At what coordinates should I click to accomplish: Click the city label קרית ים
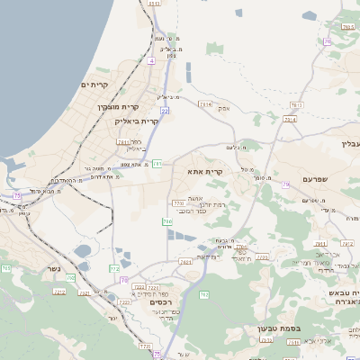click(x=94, y=85)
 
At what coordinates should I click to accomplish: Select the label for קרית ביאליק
click(x=136, y=121)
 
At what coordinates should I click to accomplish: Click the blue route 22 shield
click(x=165, y=111)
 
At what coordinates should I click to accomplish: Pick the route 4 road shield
click(x=152, y=62)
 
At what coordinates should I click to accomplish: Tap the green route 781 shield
click(x=157, y=164)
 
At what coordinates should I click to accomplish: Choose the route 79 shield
click(x=285, y=184)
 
